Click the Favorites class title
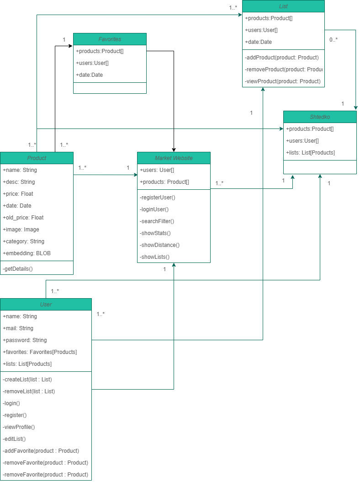tap(110, 39)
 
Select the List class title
tap(283, 6)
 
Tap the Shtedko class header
tap(320, 117)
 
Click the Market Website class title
tap(174, 158)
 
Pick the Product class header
tap(37, 158)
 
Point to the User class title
tap(46, 305)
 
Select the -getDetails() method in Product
tap(18, 269)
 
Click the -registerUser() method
tap(158, 198)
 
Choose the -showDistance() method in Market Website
tap(160, 245)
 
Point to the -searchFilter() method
tap(157, 221)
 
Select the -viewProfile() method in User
tap(19, 427)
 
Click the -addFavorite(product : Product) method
tap(41, 451)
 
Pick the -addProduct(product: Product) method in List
tap(282, 58)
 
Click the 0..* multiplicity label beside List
tap(334, 40)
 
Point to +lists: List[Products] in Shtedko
tap(310, 153)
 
